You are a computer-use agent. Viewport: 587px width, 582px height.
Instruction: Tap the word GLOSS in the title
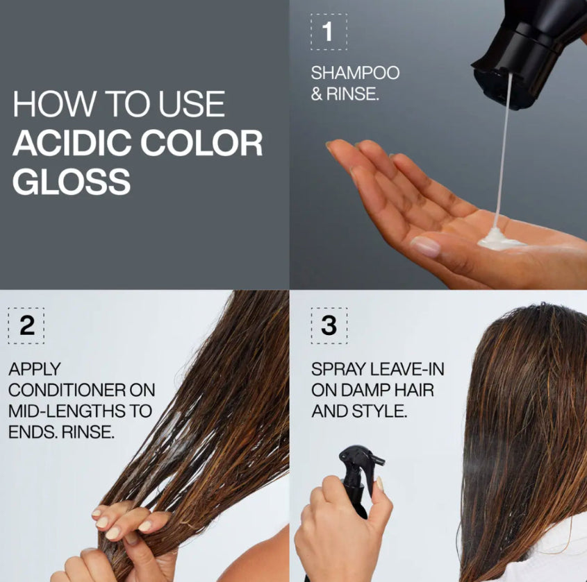[x=71, y=180]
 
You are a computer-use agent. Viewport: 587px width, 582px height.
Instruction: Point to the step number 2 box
[x=26, y=325]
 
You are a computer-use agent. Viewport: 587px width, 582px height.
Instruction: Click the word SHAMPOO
[x=355, y=73]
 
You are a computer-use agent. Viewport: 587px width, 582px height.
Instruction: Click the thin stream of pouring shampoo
[x=504, y=153]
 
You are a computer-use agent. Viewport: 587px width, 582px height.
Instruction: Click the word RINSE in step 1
[x=355, y=94]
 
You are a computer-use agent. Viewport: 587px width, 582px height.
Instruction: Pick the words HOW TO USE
[x=119, y=105]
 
